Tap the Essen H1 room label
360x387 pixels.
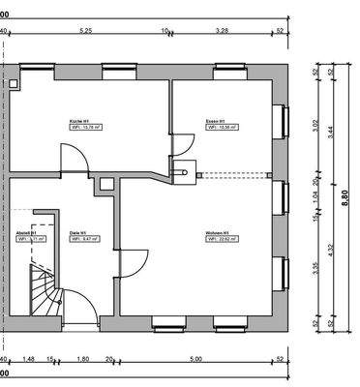[x=214, y=121]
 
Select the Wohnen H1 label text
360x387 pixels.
[x=217, y=233]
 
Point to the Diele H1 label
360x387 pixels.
[x=78, y=233]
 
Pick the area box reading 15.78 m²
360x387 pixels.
[x=84, y=127]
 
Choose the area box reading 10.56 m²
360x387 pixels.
[x=220, y=127]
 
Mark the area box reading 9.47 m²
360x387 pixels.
[x=81, y=239]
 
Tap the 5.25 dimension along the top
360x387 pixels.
[x=85, y=31]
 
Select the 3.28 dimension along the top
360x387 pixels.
[x=222, y=31]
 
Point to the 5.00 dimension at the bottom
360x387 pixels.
[x=198, y=359]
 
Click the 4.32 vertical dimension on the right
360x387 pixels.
[x=332, y=249]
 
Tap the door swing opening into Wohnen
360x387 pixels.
[x=134, y=262]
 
